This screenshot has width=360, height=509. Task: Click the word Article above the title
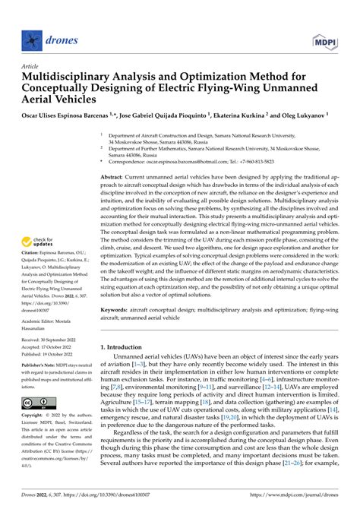tap(31, 66)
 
